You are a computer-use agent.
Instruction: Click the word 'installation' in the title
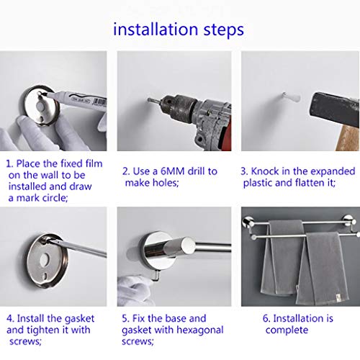[x=156, y=30]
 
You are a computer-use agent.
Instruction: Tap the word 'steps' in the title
[x=224, y=30]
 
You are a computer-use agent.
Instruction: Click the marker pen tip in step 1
[x=42, y=95]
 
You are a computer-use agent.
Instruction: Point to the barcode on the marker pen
[x=101, y=102]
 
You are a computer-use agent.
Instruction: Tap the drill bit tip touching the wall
[x=149, y=99]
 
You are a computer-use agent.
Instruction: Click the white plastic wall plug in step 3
[x=291, y=96]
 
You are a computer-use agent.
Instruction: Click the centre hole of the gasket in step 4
[x=45, y=259]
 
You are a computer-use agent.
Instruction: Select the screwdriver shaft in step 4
[x=81, y=248]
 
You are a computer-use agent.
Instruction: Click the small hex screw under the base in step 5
[x=156, y=275]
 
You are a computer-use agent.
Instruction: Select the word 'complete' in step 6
[x=287, y=330]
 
